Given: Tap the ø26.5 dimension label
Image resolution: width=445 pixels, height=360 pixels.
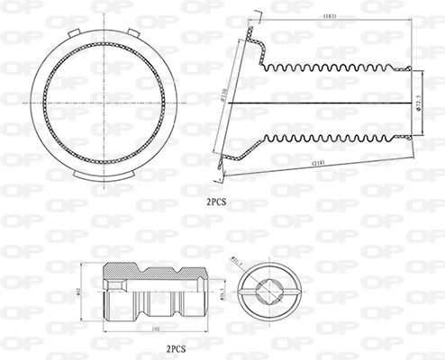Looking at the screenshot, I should (x=237, y=291).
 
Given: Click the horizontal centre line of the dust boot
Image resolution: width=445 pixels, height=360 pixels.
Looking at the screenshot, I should (x=324, y=102).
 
